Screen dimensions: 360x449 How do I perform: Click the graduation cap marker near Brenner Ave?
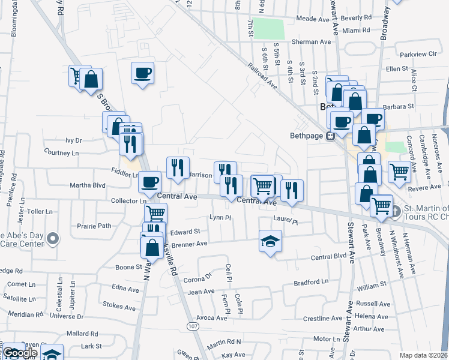[x=270, y=241]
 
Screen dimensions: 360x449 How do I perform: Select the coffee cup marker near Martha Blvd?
[x=150, y=181]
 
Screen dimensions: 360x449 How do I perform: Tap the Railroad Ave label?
[x=263, y=77]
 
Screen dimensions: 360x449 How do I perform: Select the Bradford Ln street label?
[x=312, y=281]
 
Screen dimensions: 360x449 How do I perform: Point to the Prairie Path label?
[x=94, y=226]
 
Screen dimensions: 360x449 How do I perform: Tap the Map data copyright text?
[x=423, y=355]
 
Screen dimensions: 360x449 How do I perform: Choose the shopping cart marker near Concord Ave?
[x=399, y=172]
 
